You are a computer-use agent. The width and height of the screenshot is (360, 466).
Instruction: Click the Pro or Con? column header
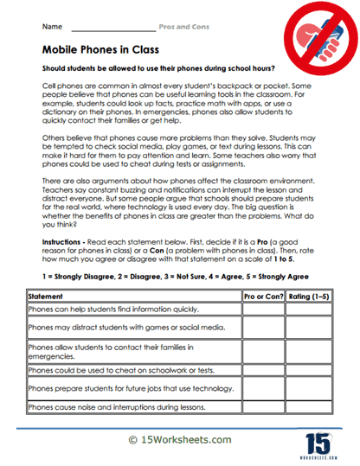coord(263,296)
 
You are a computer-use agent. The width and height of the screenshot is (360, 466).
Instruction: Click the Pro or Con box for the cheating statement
coord(263,370)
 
